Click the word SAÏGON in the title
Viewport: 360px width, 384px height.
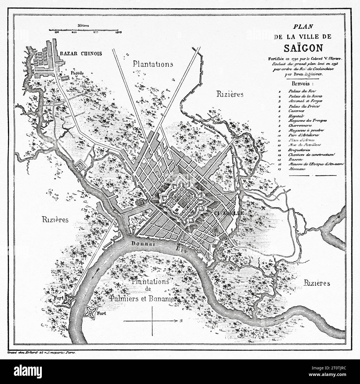tap(302, 48)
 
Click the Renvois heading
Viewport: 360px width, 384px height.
tap(302, 83)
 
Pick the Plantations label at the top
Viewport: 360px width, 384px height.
tap(153, 64)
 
